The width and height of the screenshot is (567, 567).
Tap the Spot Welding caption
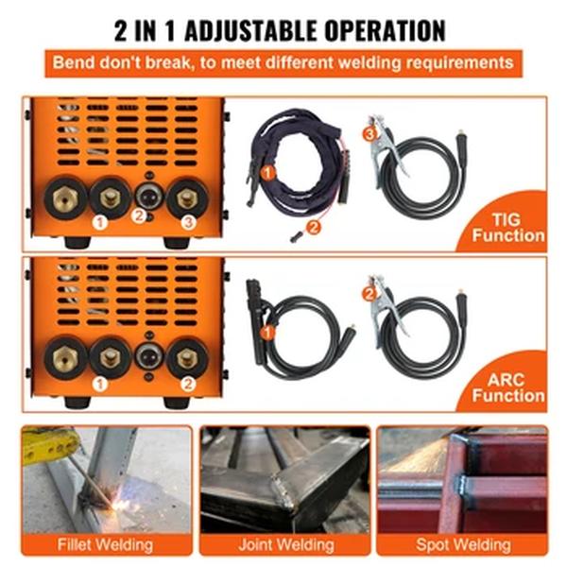click(x=463, y=544)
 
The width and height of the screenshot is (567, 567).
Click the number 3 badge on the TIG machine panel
click(x=188, y=223)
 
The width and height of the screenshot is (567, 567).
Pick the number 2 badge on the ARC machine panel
click(x=188, y=384)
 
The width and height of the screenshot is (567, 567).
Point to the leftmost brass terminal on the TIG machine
click(x=65, y=198)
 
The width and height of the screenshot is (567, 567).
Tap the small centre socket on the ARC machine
click(x=146, y=357)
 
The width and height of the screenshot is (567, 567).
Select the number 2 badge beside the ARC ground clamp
click(x=369, y=293)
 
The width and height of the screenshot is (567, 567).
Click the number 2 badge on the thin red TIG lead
click(x=314, y=225)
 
